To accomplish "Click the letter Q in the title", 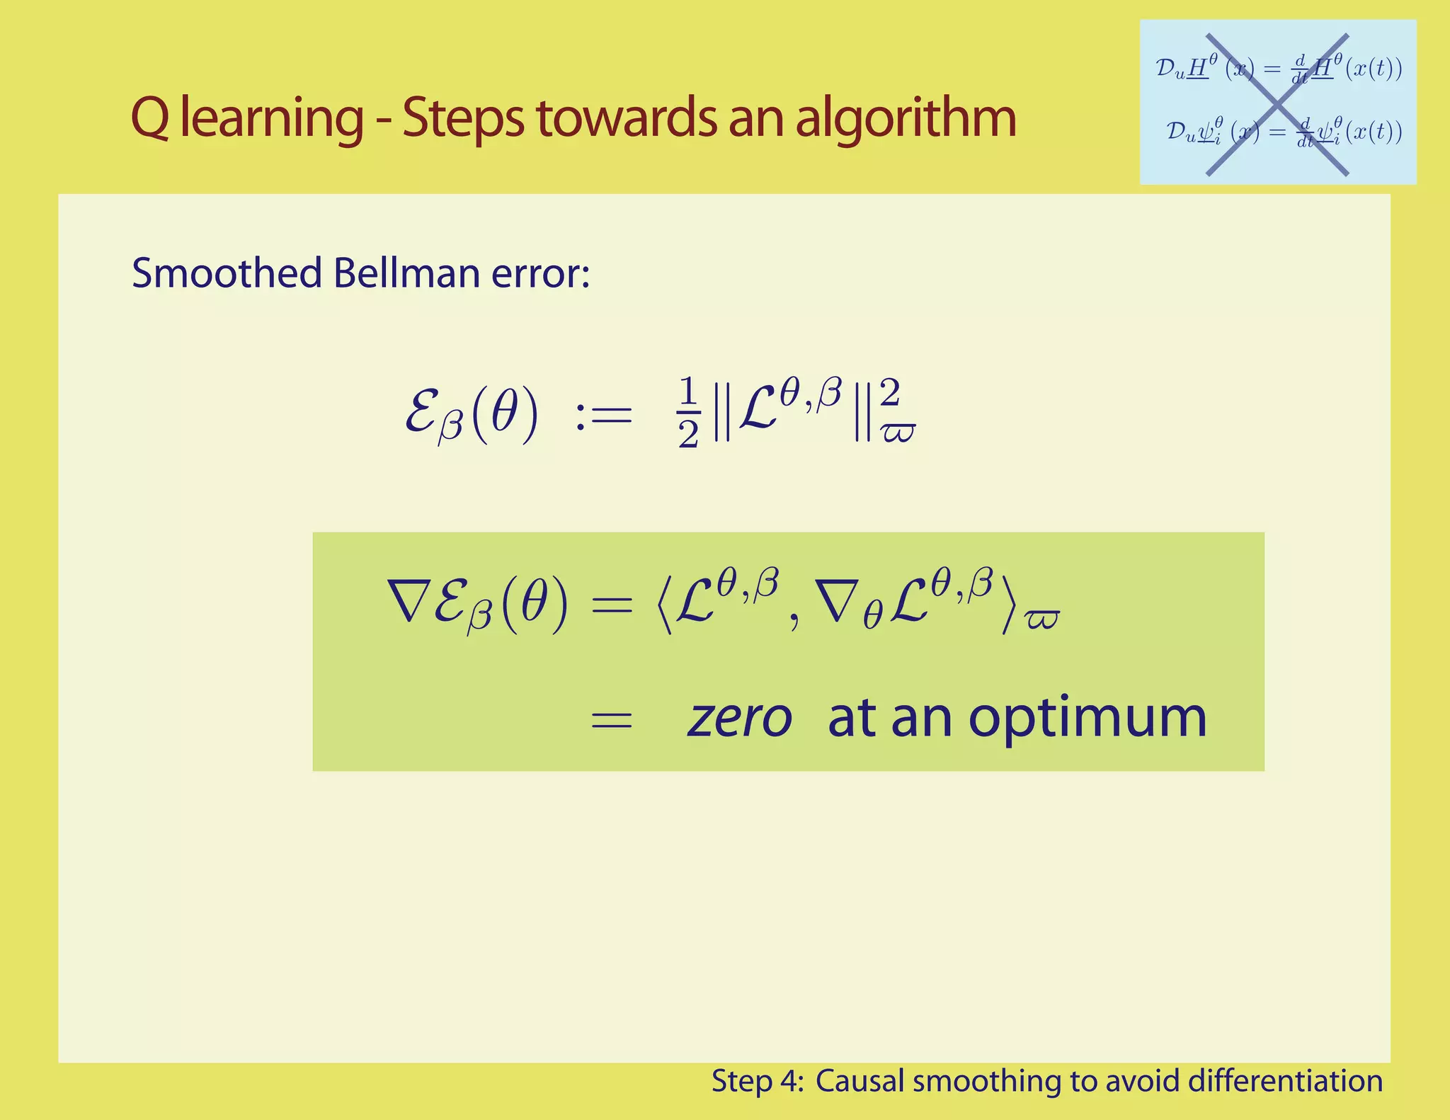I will tap(150, 118).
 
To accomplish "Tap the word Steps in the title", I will tap(463, 118).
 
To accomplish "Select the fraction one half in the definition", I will tap(688, 413).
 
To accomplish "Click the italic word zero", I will tap(739, 718).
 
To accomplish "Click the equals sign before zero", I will tap(611, 721).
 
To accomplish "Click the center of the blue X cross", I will tap(1277, 104).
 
